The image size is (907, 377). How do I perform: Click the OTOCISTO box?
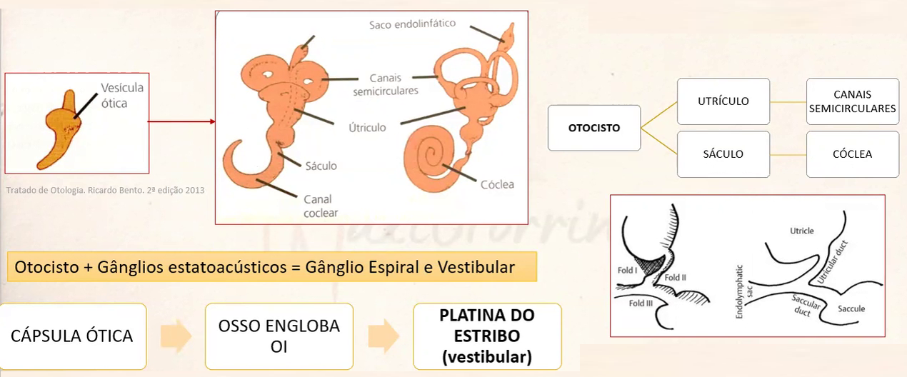[x=594, y=129]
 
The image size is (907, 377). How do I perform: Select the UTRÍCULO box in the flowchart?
[x=723, y=101]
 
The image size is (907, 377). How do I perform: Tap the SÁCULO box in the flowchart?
[x=723, y=154]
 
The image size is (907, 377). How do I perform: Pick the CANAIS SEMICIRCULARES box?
[x=853, y=101]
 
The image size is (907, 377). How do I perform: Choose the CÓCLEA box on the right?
[x=853, y=154]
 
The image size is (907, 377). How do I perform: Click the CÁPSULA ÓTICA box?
[x=74, y=336]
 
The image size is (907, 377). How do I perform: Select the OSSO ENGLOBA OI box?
[x=279, y=336]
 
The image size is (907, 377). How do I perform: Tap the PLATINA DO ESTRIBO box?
[x=487, y=336]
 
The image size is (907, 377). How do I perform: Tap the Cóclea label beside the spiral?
[x=497, y=184]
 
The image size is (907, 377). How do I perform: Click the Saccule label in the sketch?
[x=851, y=308]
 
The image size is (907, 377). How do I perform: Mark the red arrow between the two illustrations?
[x=182, y=121]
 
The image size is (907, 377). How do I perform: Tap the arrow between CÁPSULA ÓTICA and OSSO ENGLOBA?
[x=175, y=336]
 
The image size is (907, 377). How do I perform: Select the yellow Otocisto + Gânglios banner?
[x=272, y=268]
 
